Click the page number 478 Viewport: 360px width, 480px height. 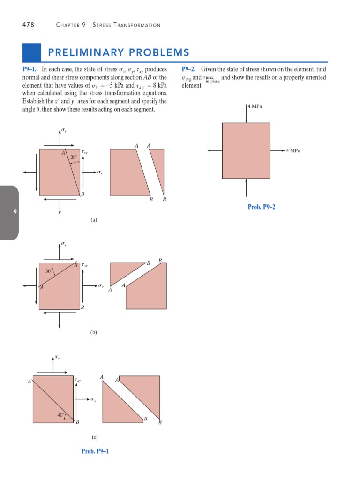click(x=28, y=25)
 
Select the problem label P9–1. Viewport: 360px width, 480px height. click(x=30, y=69)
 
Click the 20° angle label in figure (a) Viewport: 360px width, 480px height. click(x=74, y=157)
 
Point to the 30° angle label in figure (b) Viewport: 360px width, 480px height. click(x=49, y=270)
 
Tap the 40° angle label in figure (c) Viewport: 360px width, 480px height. click(x=61, y=415)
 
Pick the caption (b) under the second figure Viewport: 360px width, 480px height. click(x=94, y=332)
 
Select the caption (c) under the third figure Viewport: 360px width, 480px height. click(x=95, y=437)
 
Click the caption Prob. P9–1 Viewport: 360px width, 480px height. click(x=95, y=451)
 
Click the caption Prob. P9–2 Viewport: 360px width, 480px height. click(x=261, y=207)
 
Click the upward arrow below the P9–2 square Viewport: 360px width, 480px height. click(x=246, y=187)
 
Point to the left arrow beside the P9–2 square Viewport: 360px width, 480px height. click(x=215, y=150)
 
